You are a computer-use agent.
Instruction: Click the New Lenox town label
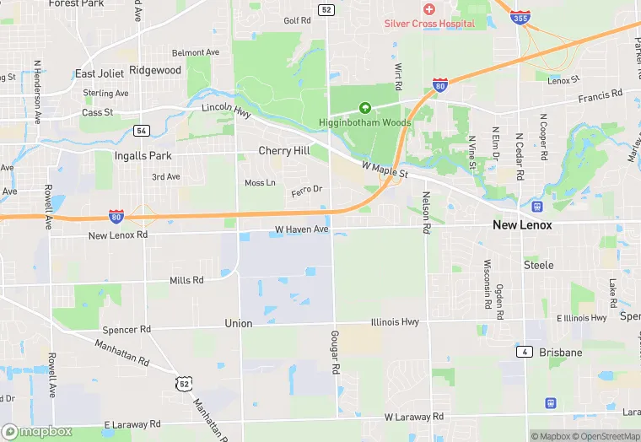(522, 225)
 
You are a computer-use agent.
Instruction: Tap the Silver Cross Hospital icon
(428, 8)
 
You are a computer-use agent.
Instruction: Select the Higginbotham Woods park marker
(365, 108)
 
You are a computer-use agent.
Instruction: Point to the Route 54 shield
(142, 131)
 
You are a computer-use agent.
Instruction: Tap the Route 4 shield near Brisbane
(525, 350)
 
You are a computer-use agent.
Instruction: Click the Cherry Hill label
(284, 151)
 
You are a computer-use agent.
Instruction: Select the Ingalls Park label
(143, 156)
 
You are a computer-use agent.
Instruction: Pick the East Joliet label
(100, 73)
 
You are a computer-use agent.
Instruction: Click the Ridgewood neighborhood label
(155, 71)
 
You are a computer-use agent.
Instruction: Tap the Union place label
(239, 323)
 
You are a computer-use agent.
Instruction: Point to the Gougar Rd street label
(335, 353)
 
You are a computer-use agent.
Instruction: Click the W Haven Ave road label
(301, 229)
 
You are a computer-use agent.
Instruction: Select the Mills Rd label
(186, 280)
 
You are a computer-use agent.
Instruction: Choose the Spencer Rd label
(126, 329)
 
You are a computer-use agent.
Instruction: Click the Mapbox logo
(36, 432)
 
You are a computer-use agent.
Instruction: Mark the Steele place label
(539, 265)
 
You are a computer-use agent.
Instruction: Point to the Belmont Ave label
(195, 52)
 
